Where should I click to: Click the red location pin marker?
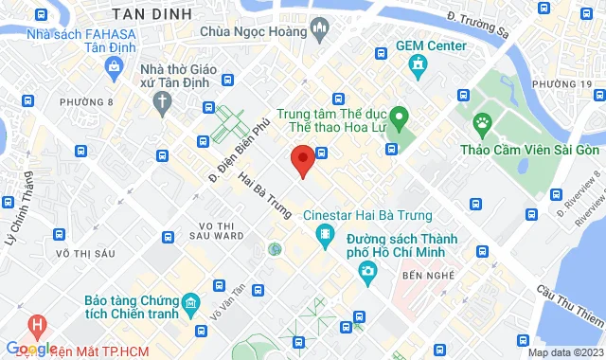point(302,160)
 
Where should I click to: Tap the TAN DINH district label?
point(151,14)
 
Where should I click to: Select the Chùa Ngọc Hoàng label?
point(256,30)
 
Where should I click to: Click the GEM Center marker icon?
point(417,63)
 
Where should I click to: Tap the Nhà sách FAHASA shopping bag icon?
point(115,66)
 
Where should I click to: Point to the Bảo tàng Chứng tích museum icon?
point(190,304)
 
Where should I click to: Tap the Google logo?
point(30,349)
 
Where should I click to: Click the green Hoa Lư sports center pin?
point(400,120)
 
